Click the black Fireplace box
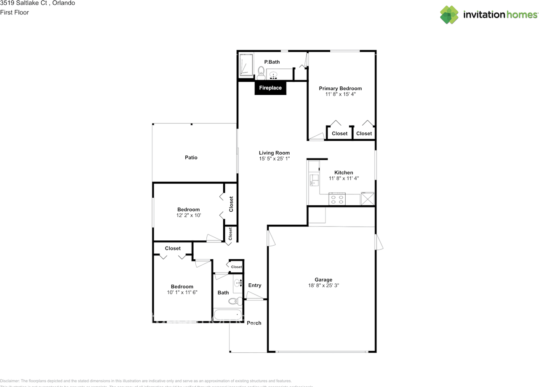[x=270, y=88]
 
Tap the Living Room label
[x=274, y=153]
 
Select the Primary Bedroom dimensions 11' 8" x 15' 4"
[x=340, y=94]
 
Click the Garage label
[x=323, y=279]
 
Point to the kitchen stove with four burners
[x=337, y=199]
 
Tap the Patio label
[x=191, y=157]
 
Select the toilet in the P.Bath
[x=261, y=72]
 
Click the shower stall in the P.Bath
[x=246, y=65]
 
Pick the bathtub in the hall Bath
[x=228, y=314]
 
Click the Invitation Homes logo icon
[x=449, y=15]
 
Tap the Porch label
[x=254, y=323]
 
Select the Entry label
[x=255, y=285]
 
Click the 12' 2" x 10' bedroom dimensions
[x=189, y=215]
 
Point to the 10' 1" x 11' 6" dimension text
[x=182, y=293]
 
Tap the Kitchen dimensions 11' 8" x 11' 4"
[x=344, y=178]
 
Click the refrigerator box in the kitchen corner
[x=368, y=199]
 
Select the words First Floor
[x=15, y=12]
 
